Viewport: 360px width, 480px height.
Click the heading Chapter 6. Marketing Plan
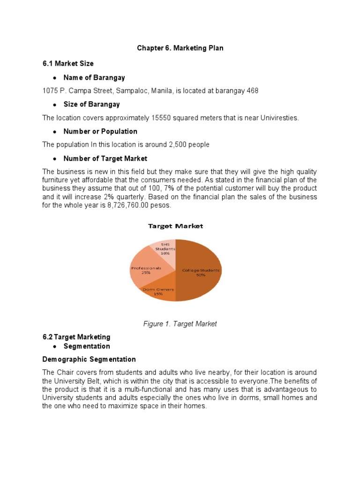(180, 48)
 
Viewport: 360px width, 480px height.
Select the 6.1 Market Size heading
(68, 63)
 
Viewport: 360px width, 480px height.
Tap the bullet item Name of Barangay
(94, 77)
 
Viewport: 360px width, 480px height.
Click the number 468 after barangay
(252, 90)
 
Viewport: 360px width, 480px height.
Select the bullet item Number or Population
(100, 131)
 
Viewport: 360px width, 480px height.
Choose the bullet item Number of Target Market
(105, 158)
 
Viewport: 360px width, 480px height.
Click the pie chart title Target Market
(175, 226)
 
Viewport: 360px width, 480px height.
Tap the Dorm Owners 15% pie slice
(158, 292)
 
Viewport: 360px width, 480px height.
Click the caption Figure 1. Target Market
(180, 323)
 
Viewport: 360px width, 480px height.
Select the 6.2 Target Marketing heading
(76, 337)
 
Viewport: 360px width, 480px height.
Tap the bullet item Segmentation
(87, 346)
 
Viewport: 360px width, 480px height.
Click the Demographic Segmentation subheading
(89, 359)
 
